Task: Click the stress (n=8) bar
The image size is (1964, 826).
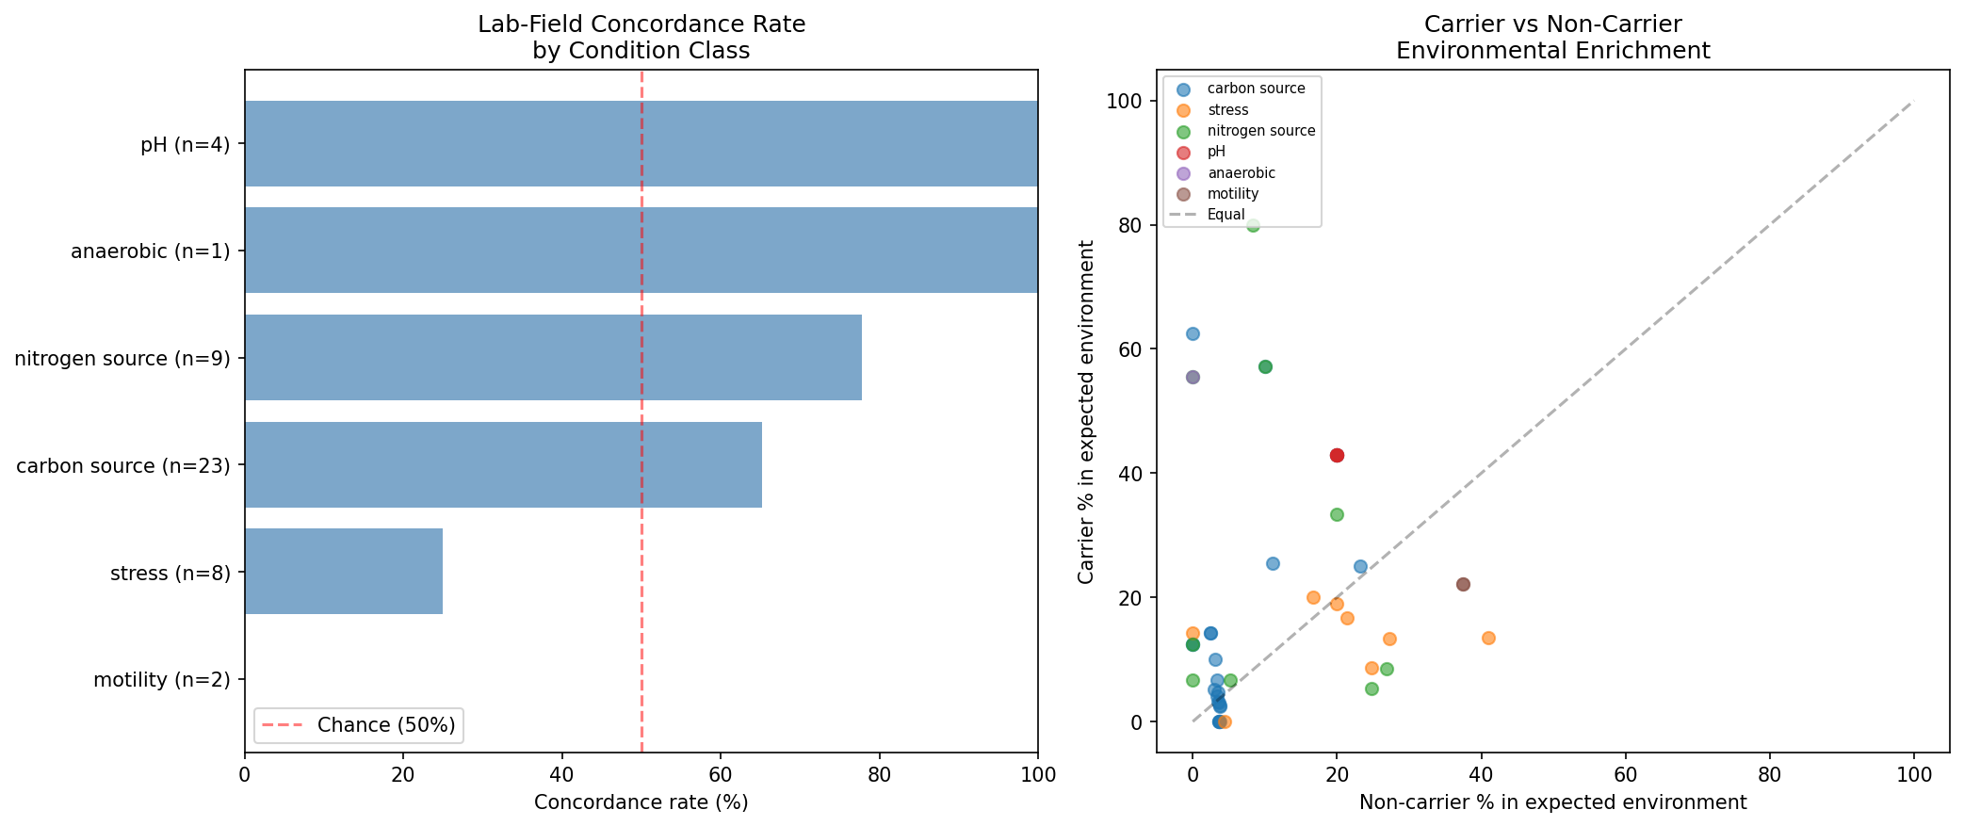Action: pos(344,572)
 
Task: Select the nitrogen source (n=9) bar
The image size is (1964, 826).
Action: pos(553,358)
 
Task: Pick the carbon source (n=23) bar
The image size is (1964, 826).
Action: pos(503,465)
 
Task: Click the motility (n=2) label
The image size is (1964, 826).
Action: pos(162,680)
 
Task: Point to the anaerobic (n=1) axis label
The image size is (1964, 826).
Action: pos(151,251)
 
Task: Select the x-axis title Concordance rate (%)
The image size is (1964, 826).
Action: pos(641,802)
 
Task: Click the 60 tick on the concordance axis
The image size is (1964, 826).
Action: pos(721,774)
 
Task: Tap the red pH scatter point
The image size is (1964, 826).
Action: pos(1337,455)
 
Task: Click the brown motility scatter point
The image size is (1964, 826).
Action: pos(1463,584)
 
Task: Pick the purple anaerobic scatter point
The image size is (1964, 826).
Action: pos(1193,377)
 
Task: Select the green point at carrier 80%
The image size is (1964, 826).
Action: pos(1253,225)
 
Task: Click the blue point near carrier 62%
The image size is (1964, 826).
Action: pos(1193,333)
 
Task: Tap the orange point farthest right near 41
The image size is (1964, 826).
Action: pos(1488,638)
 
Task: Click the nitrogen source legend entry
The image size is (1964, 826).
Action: pos(1260,131)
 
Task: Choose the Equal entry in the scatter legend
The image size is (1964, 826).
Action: pos(1225,215)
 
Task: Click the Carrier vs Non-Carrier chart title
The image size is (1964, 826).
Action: pos(1552,38)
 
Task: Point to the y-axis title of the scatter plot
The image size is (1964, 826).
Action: pos(1086,412)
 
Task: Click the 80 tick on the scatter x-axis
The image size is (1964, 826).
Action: pos(1769,774)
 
